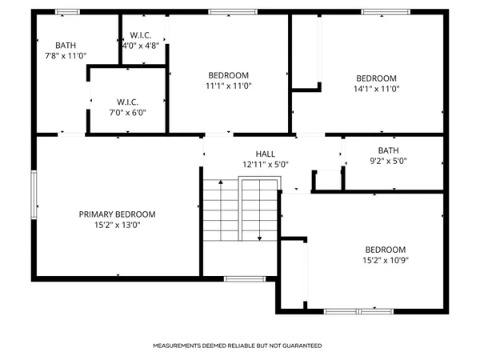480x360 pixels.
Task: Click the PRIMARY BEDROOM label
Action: pos(117,214)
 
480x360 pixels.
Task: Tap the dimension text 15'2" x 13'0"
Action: pos(117,225)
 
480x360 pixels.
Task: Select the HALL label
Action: pos(265,154)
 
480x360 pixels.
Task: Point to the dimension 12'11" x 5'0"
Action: pos(265,164)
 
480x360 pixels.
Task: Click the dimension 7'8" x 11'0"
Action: pos(66,56)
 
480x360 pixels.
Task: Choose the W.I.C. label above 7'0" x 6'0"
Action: pos(128,102)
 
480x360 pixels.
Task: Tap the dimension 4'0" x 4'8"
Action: pos(141,46)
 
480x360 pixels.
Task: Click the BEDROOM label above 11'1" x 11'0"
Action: pos(229,74)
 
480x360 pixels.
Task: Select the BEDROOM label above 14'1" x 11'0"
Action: pos(376,78)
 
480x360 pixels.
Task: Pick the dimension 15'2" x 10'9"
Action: pos(386,260)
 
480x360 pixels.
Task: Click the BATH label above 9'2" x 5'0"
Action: pos(388,150)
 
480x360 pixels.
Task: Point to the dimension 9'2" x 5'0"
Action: pos(388,160)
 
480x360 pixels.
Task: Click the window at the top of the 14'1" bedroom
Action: pos(376,12)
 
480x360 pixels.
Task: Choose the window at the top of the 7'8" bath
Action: pos(67,12)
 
